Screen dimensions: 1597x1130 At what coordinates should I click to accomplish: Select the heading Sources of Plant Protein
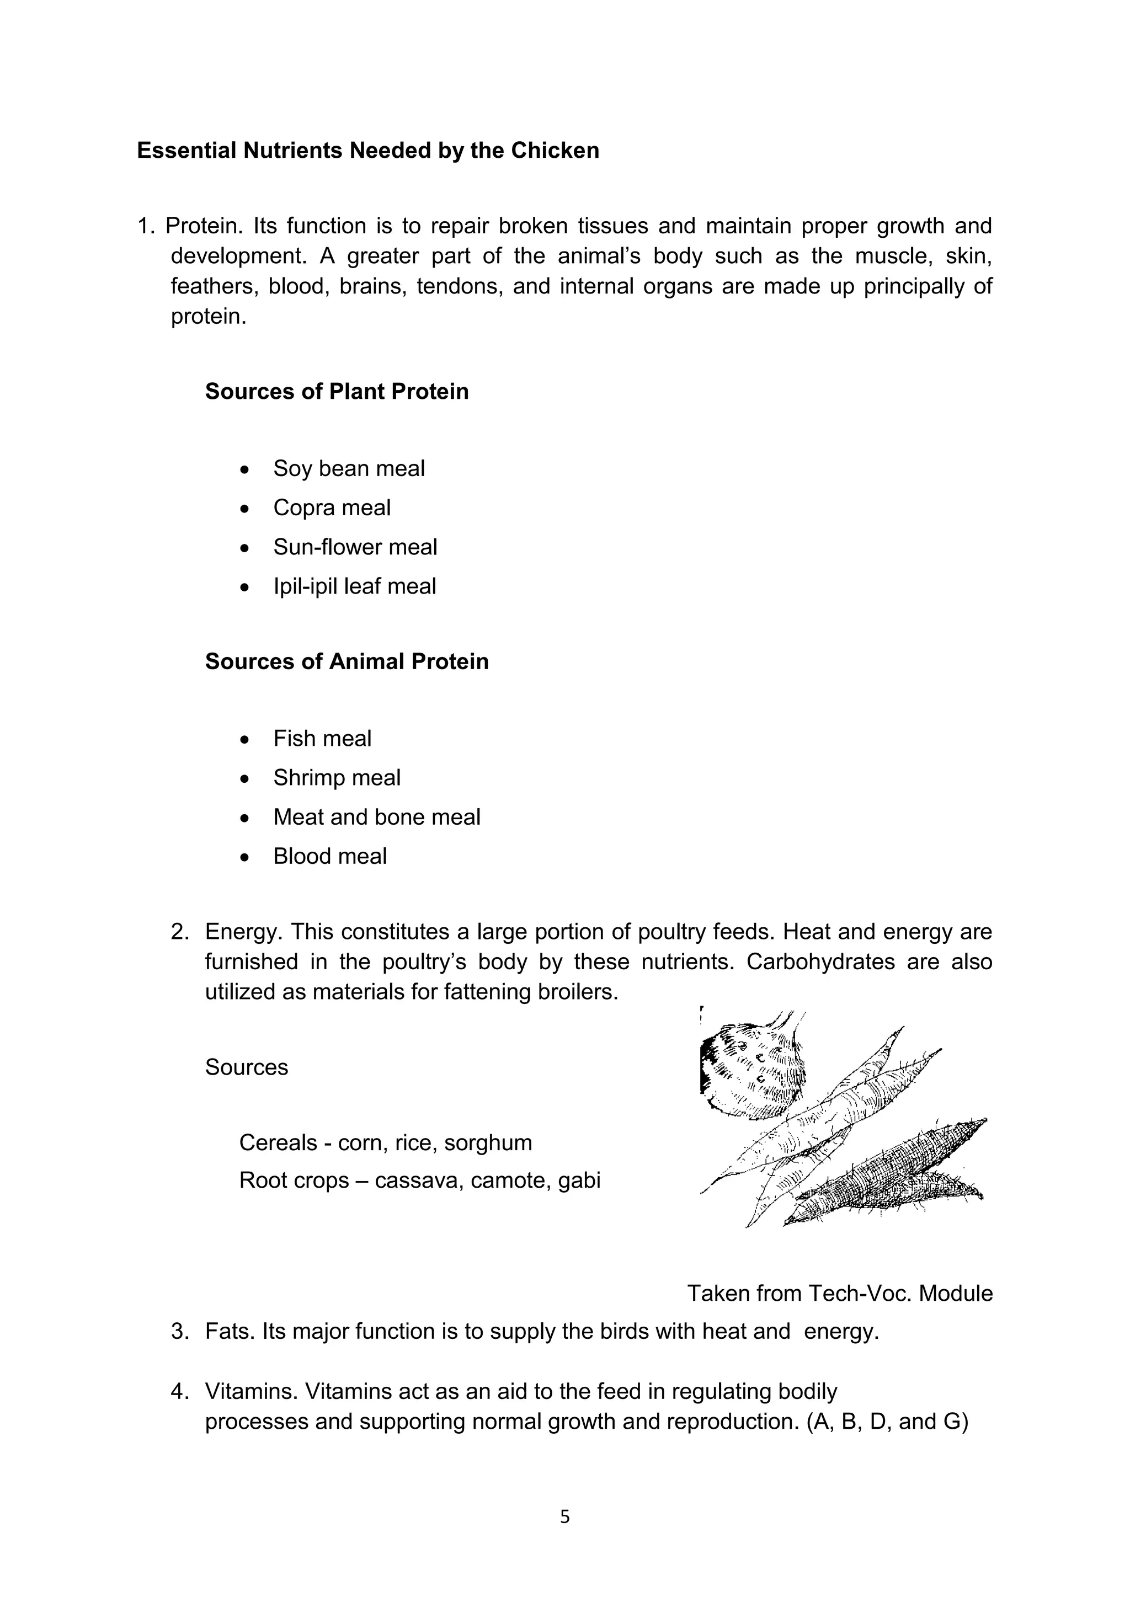tap(336, 392)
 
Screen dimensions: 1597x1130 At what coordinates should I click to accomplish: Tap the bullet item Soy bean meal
tap(349, 469)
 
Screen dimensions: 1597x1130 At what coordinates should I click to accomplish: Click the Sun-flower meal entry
tap(355, 547)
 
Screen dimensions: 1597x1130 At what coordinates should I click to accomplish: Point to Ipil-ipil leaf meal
tap(354, 586)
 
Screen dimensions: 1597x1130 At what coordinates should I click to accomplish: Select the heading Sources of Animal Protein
tap(347, 661)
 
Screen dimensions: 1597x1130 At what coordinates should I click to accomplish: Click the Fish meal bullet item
tap(322, 739)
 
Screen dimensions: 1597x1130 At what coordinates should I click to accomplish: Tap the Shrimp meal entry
tap(337, 778)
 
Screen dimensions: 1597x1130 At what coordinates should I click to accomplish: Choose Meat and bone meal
tap(376, 818)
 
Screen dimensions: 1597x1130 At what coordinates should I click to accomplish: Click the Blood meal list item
tap(330, 856)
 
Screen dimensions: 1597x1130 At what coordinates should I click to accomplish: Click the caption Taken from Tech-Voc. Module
tap(839, 1294)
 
